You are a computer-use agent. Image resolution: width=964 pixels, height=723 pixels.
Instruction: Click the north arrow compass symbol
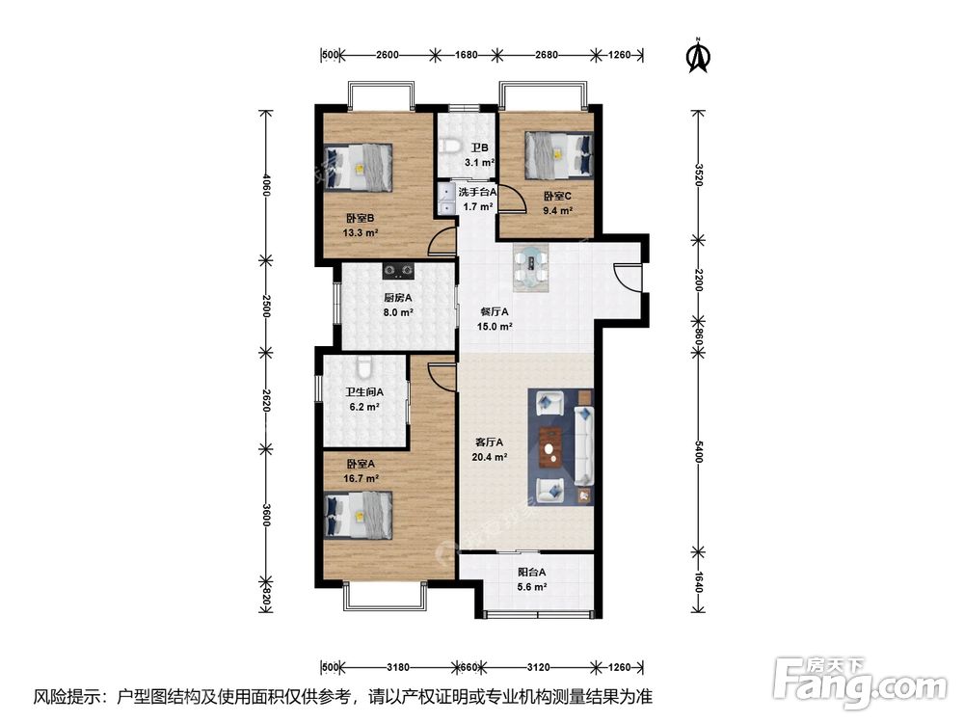pyautogui.click(x=698, y=55)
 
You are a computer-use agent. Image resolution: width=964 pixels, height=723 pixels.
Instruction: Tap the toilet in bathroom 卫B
pyautogui.click(x=450, y=147)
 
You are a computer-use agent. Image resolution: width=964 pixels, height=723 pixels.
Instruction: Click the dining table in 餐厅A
pyautogui.click(x=531, y=267)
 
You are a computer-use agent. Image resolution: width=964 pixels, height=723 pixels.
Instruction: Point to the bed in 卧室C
pyautogui.click(x=559, y=155)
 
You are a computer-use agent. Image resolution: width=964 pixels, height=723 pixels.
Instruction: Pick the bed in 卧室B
pyautogui.click(x=359, y=167)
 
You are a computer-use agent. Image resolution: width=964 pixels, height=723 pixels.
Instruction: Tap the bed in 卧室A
pyautogui.click(x=359, y=515)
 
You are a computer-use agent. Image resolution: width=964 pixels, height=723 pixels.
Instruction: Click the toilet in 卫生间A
pyautogui.click(x=364, y=367)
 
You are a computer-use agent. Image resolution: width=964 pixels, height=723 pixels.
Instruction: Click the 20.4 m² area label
pyautogui.click(x=490, y=457)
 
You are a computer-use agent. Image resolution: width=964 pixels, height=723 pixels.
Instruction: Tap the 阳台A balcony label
pyautogui.click(x=532, y=572)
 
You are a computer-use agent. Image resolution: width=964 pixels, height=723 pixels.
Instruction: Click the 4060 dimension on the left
pyautogui.click(x=266, y=185)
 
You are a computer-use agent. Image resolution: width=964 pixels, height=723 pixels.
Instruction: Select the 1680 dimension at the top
pyautogui.click(x=466, y=55)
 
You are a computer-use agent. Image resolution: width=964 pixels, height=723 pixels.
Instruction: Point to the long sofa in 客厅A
pyautogui.click(x=584, y=443)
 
